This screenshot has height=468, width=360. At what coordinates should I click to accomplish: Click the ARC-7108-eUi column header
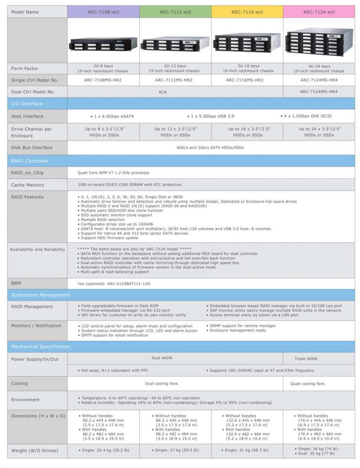103,12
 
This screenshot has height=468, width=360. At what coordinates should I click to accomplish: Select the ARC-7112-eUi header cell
175,12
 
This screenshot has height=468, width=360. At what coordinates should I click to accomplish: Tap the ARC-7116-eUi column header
247,12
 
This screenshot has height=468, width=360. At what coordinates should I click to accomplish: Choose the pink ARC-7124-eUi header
319,12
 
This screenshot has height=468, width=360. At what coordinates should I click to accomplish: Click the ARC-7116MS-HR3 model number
247,80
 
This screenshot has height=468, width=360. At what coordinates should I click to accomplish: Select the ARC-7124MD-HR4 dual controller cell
319,91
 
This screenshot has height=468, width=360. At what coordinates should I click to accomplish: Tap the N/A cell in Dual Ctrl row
163,92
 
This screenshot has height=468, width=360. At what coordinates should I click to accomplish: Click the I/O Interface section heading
27,104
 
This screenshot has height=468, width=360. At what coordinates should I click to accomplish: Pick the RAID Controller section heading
30,161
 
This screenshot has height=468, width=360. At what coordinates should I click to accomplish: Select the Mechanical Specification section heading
40,347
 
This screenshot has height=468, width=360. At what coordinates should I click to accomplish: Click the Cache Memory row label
28,185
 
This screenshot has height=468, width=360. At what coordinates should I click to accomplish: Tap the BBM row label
16,283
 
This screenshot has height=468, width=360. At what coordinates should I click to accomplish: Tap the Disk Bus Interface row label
32,147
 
